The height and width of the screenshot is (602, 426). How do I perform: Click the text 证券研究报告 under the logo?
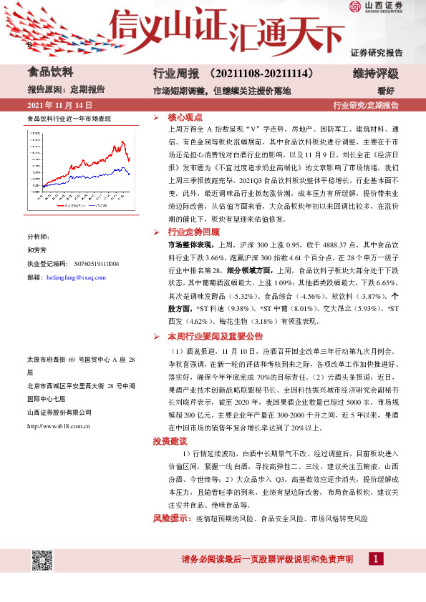377,52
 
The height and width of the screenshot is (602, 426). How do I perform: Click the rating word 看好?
387,90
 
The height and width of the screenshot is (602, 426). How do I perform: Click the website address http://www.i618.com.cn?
57,426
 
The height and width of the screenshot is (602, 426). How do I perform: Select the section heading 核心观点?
185,117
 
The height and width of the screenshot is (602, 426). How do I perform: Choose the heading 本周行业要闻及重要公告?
216,335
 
